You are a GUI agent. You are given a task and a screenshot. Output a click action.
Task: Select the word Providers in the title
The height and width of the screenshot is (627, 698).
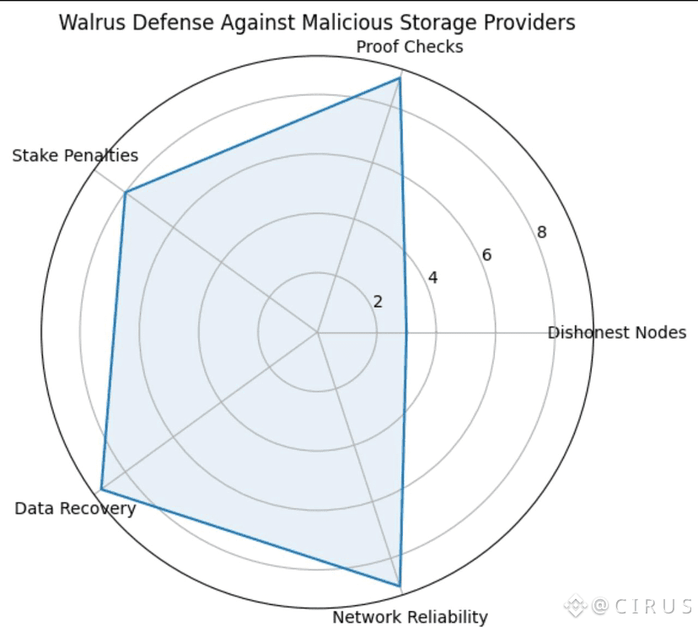pos(533,23)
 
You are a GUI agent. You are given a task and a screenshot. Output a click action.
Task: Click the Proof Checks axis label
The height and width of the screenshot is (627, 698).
pos(410,47)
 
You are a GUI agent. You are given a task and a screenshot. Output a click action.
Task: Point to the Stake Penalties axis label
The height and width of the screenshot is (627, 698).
pos(75,156)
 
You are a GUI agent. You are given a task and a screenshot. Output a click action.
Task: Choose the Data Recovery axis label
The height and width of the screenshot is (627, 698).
pos(75,508)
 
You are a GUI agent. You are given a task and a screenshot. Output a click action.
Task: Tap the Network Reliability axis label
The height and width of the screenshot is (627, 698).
pos(410,617)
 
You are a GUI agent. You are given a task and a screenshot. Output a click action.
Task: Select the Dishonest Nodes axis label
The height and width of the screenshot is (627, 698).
pos(616,332)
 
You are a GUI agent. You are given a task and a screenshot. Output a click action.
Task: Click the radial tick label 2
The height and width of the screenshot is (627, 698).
pos(378,302)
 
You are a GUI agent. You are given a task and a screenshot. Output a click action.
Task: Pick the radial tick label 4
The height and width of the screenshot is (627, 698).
pos(432,278)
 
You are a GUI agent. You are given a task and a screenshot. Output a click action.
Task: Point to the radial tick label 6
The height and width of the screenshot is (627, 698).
pos(486,255)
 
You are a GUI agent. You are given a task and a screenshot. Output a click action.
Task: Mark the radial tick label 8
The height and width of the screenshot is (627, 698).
pos(541,233)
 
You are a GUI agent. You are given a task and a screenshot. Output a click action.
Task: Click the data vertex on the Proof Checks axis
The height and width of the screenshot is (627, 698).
pos(400,78)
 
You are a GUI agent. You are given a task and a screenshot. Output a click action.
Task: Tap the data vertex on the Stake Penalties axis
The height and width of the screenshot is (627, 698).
pos(126,193)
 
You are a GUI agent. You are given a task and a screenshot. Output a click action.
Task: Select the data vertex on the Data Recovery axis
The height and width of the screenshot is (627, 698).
pos(101,490)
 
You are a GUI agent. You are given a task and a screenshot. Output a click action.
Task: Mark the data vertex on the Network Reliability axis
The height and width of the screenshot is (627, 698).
pos(400,586)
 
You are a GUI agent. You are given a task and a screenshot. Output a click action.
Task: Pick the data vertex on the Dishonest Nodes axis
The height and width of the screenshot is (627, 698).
pos(406,332)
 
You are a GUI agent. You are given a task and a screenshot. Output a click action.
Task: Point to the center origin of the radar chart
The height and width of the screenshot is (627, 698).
pos(317,332)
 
